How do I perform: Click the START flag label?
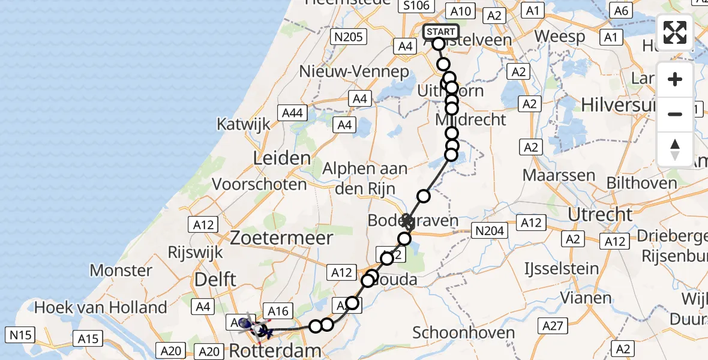click(441, 32)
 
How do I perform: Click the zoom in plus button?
click(675, 79)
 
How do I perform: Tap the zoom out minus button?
click(675, 114)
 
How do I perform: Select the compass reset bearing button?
click(675, 149)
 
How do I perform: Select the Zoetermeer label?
click(289, 238)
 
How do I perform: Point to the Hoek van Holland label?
click(101, 308)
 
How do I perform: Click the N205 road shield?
click(348, 37)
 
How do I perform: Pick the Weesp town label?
click(560, 36)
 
